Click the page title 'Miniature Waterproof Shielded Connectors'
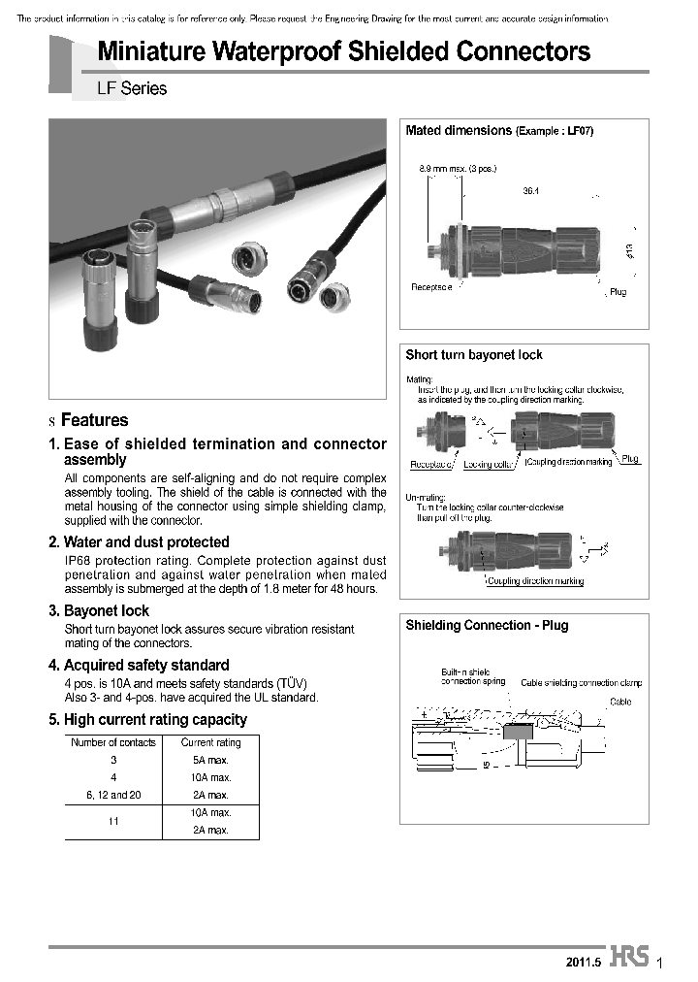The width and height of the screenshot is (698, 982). tap(344, 50)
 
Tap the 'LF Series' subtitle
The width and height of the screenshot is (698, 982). tap(132, 88)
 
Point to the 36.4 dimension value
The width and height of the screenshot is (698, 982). tap(530, 191)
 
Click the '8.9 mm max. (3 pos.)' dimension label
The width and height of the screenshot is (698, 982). tap(458, 169)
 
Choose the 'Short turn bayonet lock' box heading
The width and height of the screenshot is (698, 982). tap(474, 355)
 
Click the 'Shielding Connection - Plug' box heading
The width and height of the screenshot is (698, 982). tap(487, 626)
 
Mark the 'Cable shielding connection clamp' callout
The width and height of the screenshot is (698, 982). tap(581, 683)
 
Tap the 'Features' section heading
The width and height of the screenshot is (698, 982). tap(94, 420)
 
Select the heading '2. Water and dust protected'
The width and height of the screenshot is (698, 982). tap(139, 542)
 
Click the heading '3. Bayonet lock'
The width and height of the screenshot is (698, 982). tap(99, 611)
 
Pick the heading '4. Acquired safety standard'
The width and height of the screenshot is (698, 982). tap(139, 666)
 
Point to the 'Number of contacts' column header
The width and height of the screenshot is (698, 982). tap(112, 742)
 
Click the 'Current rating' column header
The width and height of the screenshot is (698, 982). tap(210, 742)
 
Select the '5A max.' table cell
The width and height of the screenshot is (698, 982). tap(210, 760)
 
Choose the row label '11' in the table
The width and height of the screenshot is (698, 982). tap(112, 821)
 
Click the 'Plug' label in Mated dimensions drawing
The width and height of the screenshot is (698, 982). tap(618, 292)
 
